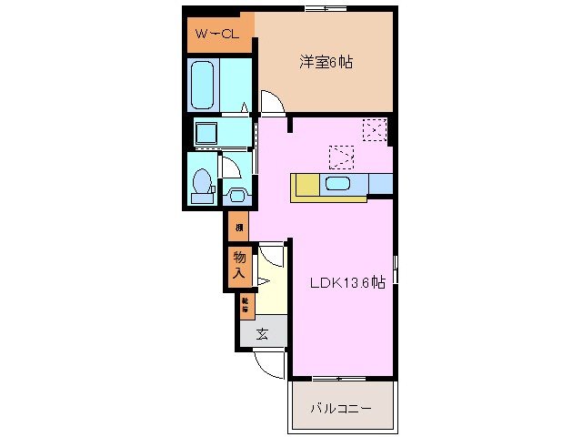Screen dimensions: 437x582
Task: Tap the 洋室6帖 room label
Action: [x=326, y=63]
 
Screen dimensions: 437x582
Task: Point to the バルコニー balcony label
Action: [x=341, y=409]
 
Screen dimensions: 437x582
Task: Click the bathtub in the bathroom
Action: [x=204, y=85]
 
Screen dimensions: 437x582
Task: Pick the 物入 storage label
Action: [x=239, y=265]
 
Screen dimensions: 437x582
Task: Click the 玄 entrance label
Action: [x=262, y=333]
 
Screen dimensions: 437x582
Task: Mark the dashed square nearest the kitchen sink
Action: [x=340, y=158]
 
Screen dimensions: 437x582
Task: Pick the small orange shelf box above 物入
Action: [x=239, y=227]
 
